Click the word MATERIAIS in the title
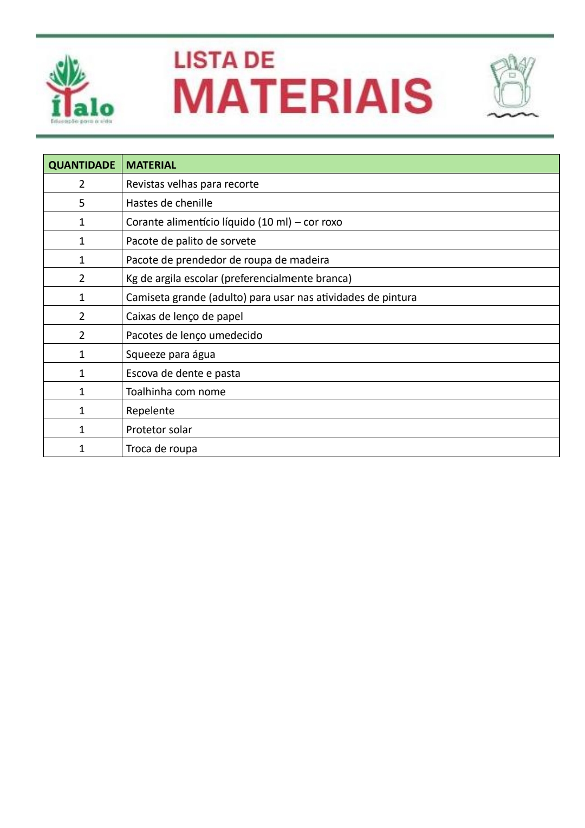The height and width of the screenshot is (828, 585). (x=303, y=97)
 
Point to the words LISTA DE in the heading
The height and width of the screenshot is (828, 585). (x=224, y=60)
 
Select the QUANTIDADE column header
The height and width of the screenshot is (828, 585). (x=82, y=165)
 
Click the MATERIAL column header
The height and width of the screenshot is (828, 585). (x=151, y=165)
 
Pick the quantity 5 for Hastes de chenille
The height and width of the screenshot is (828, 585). (x=82, y=203)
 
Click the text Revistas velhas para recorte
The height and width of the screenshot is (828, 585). (x=192, y=184)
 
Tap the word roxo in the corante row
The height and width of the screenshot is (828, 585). (x=331, y=222)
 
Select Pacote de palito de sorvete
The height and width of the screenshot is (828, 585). (x=191, y=241)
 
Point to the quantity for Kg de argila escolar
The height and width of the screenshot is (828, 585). (x=82, y=278)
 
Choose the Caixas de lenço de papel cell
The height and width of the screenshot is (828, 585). (x=184, y=316)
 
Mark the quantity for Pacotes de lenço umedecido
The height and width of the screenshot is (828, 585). (x=82, y=335)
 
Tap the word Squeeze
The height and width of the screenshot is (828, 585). (x=146, y=354)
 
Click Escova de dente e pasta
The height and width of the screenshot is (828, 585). (x=183, y=373)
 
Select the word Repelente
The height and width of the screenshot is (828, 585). (x=150, y=410)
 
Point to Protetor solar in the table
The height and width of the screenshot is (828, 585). (x=159, y=429)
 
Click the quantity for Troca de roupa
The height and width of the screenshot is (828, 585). (x=82, y=448)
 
